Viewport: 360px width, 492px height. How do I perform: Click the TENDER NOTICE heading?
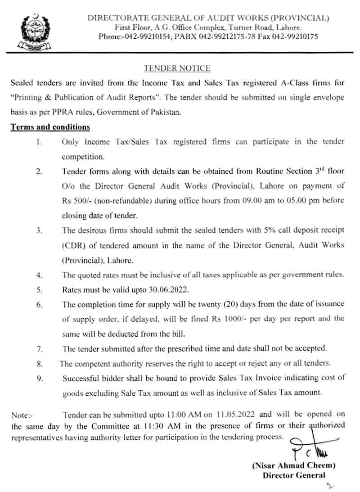pyautogui.click(x=177, y=68)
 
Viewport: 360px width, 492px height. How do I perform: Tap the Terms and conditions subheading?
pyautogui.click(x=50, y=127)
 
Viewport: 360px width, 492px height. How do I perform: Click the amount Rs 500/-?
pyautogui.click(x=76, y=201)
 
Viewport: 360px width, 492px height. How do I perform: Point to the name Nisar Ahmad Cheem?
pyautogui.click(x=294, y=466)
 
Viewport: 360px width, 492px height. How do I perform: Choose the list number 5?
pyautogui.click(x=39, y=290)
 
